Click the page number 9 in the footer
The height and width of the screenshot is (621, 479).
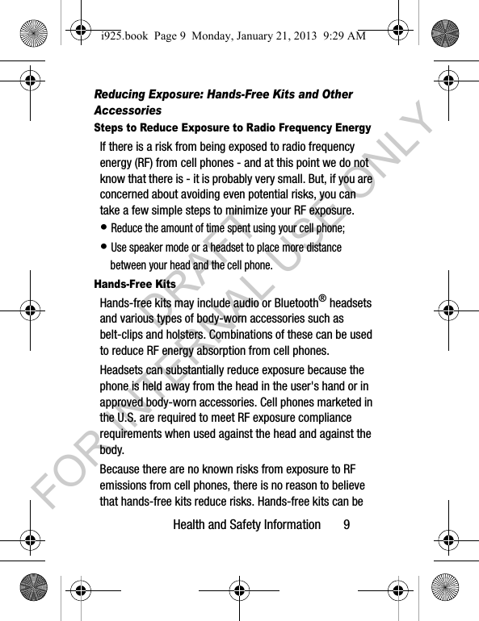pos(347,525)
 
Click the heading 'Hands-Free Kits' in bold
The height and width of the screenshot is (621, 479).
pos(135,285)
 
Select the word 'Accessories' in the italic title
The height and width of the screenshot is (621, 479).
pos(128,110)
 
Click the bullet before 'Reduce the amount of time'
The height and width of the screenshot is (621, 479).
pos(104,228)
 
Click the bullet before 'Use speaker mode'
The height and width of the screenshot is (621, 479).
pos(104,248)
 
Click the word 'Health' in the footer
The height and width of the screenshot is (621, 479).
pos(191,525)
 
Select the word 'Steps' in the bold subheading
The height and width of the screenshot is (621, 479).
pos(111,128)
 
